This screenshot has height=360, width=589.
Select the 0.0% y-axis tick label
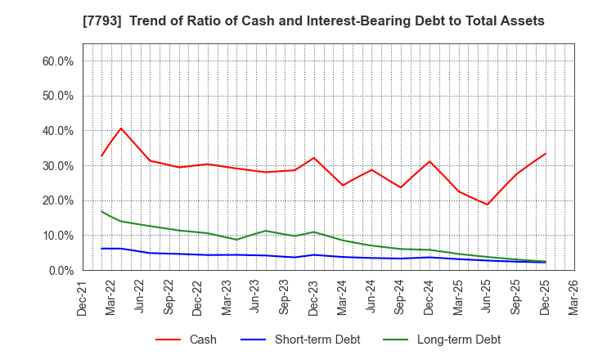[61, 270]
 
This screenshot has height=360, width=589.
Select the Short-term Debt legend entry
[306, 340]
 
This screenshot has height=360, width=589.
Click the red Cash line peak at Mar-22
[121, 128]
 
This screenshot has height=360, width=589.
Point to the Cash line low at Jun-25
[488, 205]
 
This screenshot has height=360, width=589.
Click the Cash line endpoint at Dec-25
[546, 153]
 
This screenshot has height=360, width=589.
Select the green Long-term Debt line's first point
[101, 211]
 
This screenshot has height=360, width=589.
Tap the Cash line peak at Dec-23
[313, 158]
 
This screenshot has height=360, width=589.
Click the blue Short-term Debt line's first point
[101, 249]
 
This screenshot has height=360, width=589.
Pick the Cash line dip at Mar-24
[343, 185]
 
